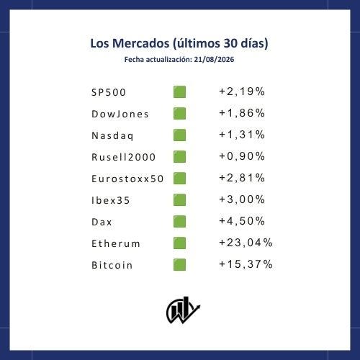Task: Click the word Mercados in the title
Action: click(x=140, y=43)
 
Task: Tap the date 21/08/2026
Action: click(x=214, y=60)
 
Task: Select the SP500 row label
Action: click(x=109, y=92)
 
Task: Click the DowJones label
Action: click(x=120, y=114)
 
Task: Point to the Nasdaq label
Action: click(x=112, y=136)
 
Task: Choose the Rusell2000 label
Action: click(x=124, y=157)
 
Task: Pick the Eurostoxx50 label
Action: click(x=127, y=179)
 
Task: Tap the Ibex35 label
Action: click(x=111, y=200)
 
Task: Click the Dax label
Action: click(x=102, y=222)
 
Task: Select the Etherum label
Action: click(x=116, y=243)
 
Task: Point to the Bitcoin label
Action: click(x=112, y=265)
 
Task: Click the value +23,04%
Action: click(x=246, y=243)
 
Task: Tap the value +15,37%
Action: click(x=246, y=264)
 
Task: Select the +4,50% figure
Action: click(x=242, y=221)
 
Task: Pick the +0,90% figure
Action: click(x=242, y=156)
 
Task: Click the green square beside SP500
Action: click(x=179, y=92)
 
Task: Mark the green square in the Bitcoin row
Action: click(x=179, y=265)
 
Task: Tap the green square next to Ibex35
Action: click(x=179, y=200)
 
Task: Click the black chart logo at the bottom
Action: click(x=183, y=310)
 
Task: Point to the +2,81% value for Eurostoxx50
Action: click(x=242, y=178)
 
